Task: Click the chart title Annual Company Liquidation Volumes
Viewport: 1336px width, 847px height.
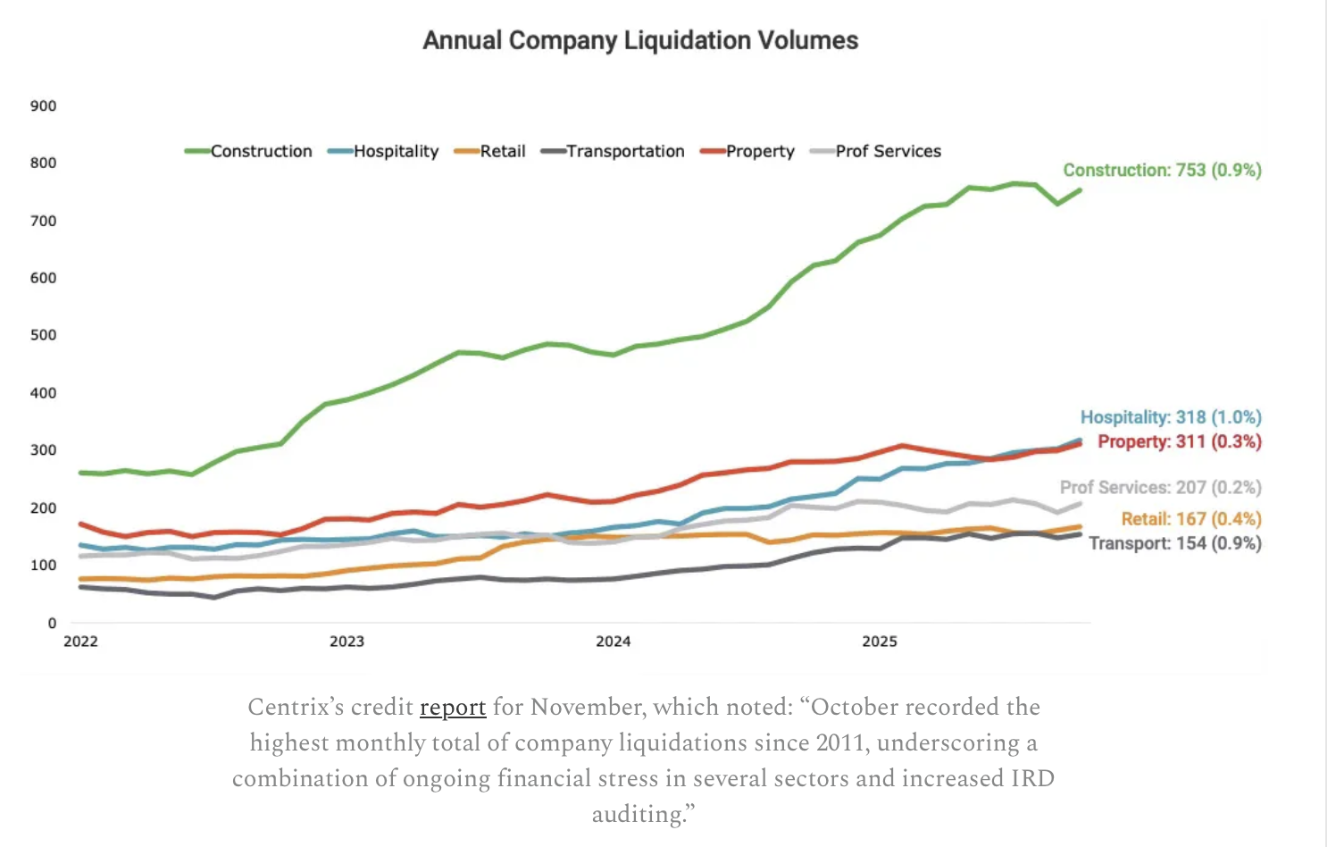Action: [x=640, y=41]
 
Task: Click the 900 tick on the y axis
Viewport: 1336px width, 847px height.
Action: [x=43, y=106]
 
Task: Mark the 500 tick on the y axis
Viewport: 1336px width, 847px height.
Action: [x=43, y=336]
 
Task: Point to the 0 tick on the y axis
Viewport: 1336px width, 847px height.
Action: [x=52, y=624]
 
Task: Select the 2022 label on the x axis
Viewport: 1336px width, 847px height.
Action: [x=80, y=642]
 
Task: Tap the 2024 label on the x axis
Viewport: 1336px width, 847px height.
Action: [x=613, y=642]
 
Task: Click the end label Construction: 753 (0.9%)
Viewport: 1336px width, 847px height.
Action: [x=1162, y=171]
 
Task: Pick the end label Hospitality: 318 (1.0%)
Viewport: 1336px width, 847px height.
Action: [x=1170, y=417]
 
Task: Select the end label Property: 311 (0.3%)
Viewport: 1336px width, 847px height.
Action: [x=1179, y=441]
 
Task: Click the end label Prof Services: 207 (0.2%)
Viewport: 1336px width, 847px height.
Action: [x=1160, y=488]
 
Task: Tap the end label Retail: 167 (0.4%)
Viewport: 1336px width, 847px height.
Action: [x=1191, y=519]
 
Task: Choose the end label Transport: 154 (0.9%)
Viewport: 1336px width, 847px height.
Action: [x=1174, y=543]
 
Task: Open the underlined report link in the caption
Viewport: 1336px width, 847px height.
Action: [x=453, y=708]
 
